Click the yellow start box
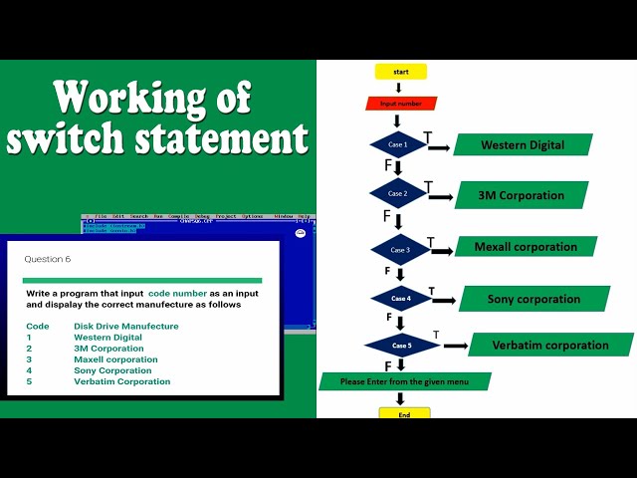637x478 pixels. point(400,72)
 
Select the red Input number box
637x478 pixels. point(401,103)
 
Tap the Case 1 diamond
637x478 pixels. point(398,145)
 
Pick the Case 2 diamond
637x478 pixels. point(397,193)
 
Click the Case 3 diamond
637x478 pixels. point(400,249)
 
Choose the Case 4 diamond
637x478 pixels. point(400,298)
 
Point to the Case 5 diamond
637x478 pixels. point(402,346)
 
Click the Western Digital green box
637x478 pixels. point(523,145)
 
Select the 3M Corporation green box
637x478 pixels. point(522,195)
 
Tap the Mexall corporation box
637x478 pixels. point(526,246)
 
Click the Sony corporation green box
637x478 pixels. point(534,299)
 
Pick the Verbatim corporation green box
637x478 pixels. point(550,345)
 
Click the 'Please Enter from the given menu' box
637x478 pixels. point(405,381)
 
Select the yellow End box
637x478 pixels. point(404,413)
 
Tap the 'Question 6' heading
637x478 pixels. point(48,259)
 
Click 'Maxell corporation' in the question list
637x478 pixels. point(115,359)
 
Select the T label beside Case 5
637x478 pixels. point(436,334)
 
